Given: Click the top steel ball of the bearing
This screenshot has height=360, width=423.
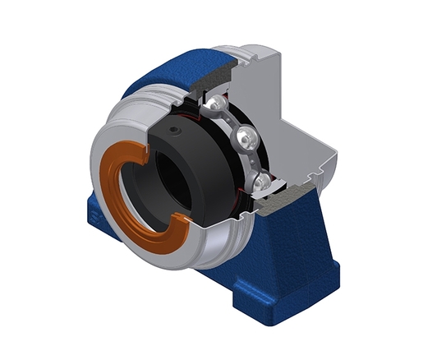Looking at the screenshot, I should (x=214, y=105).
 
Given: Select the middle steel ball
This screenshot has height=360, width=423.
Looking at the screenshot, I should (x=245, y=137).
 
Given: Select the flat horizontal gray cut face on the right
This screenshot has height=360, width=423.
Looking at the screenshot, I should (x=316, y=164).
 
